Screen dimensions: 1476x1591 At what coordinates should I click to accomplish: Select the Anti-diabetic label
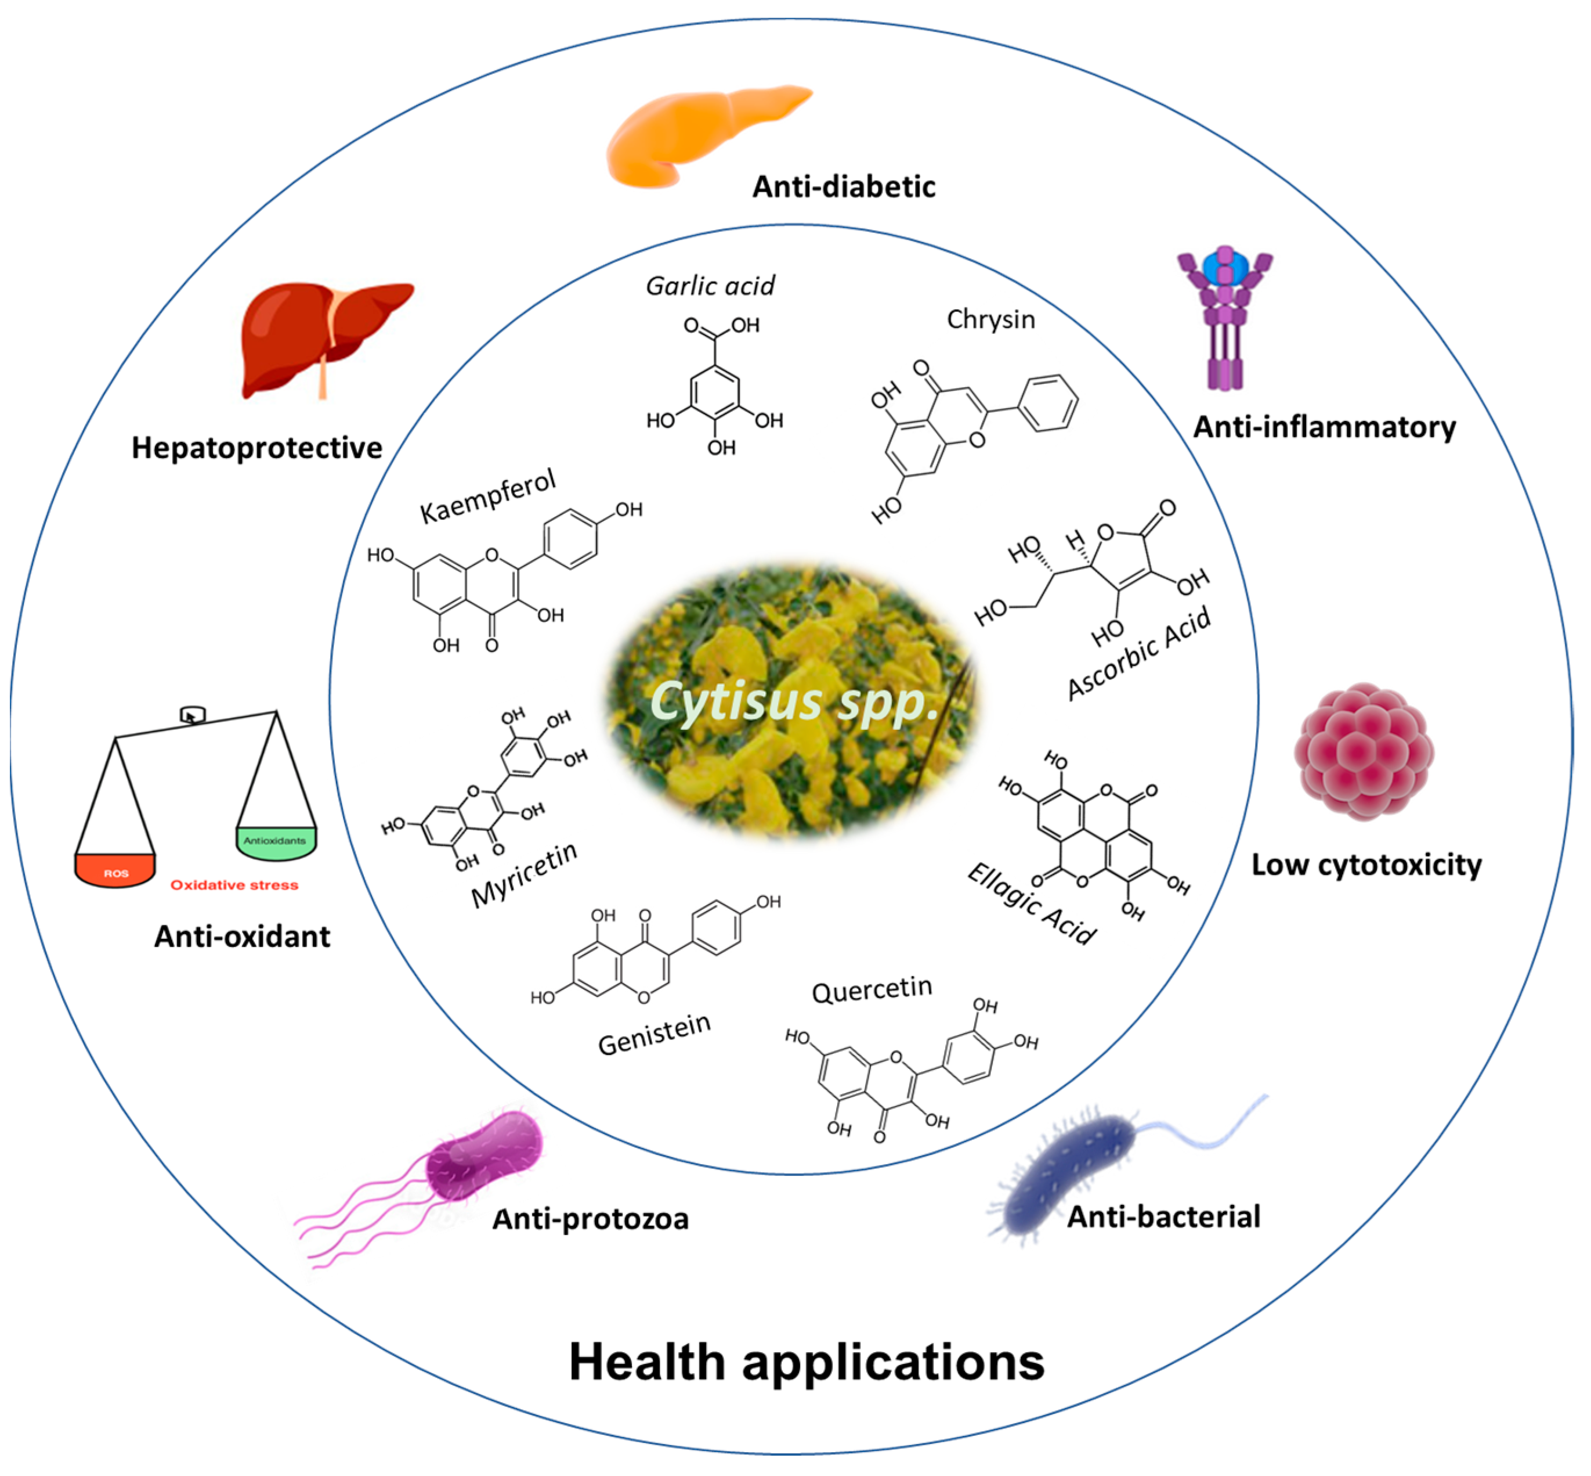843,187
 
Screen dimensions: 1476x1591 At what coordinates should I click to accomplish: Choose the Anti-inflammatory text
1324,427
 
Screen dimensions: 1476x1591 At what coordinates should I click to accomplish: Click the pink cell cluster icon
1363,751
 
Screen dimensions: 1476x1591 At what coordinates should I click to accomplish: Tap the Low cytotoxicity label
1365,865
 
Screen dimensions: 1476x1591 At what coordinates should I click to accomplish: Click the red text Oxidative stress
234,885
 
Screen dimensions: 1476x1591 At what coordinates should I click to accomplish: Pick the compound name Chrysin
990,319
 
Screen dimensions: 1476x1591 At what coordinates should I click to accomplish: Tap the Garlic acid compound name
710,286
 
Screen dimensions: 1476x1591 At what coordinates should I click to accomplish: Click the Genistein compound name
654,1034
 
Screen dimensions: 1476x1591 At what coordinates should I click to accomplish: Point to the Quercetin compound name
871,991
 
